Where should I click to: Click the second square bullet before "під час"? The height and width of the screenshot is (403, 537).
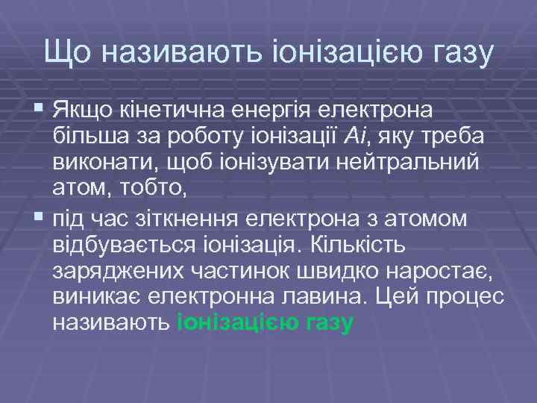coord(38,219)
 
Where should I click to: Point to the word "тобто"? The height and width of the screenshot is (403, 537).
coord(156,192)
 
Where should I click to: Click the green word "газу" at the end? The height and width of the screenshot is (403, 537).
coord(329,324)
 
